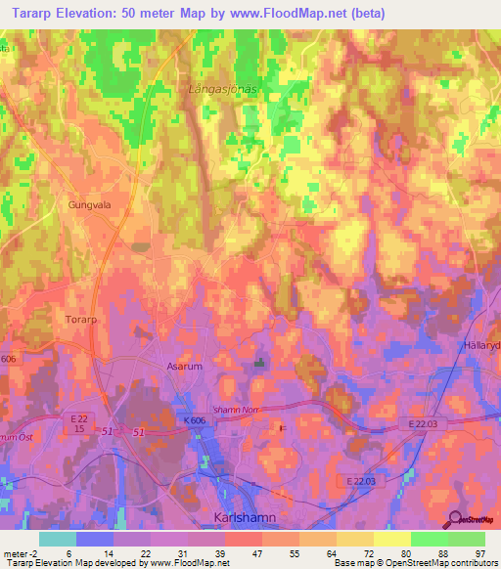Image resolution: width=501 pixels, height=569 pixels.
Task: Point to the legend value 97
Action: [x=480, y=552]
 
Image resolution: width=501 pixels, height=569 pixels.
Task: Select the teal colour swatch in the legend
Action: [x=57, y=539]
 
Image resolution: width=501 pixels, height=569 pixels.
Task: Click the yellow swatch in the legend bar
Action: [x=391, y=539]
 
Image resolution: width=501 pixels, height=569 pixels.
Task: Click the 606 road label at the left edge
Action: [x=8, y=360]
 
